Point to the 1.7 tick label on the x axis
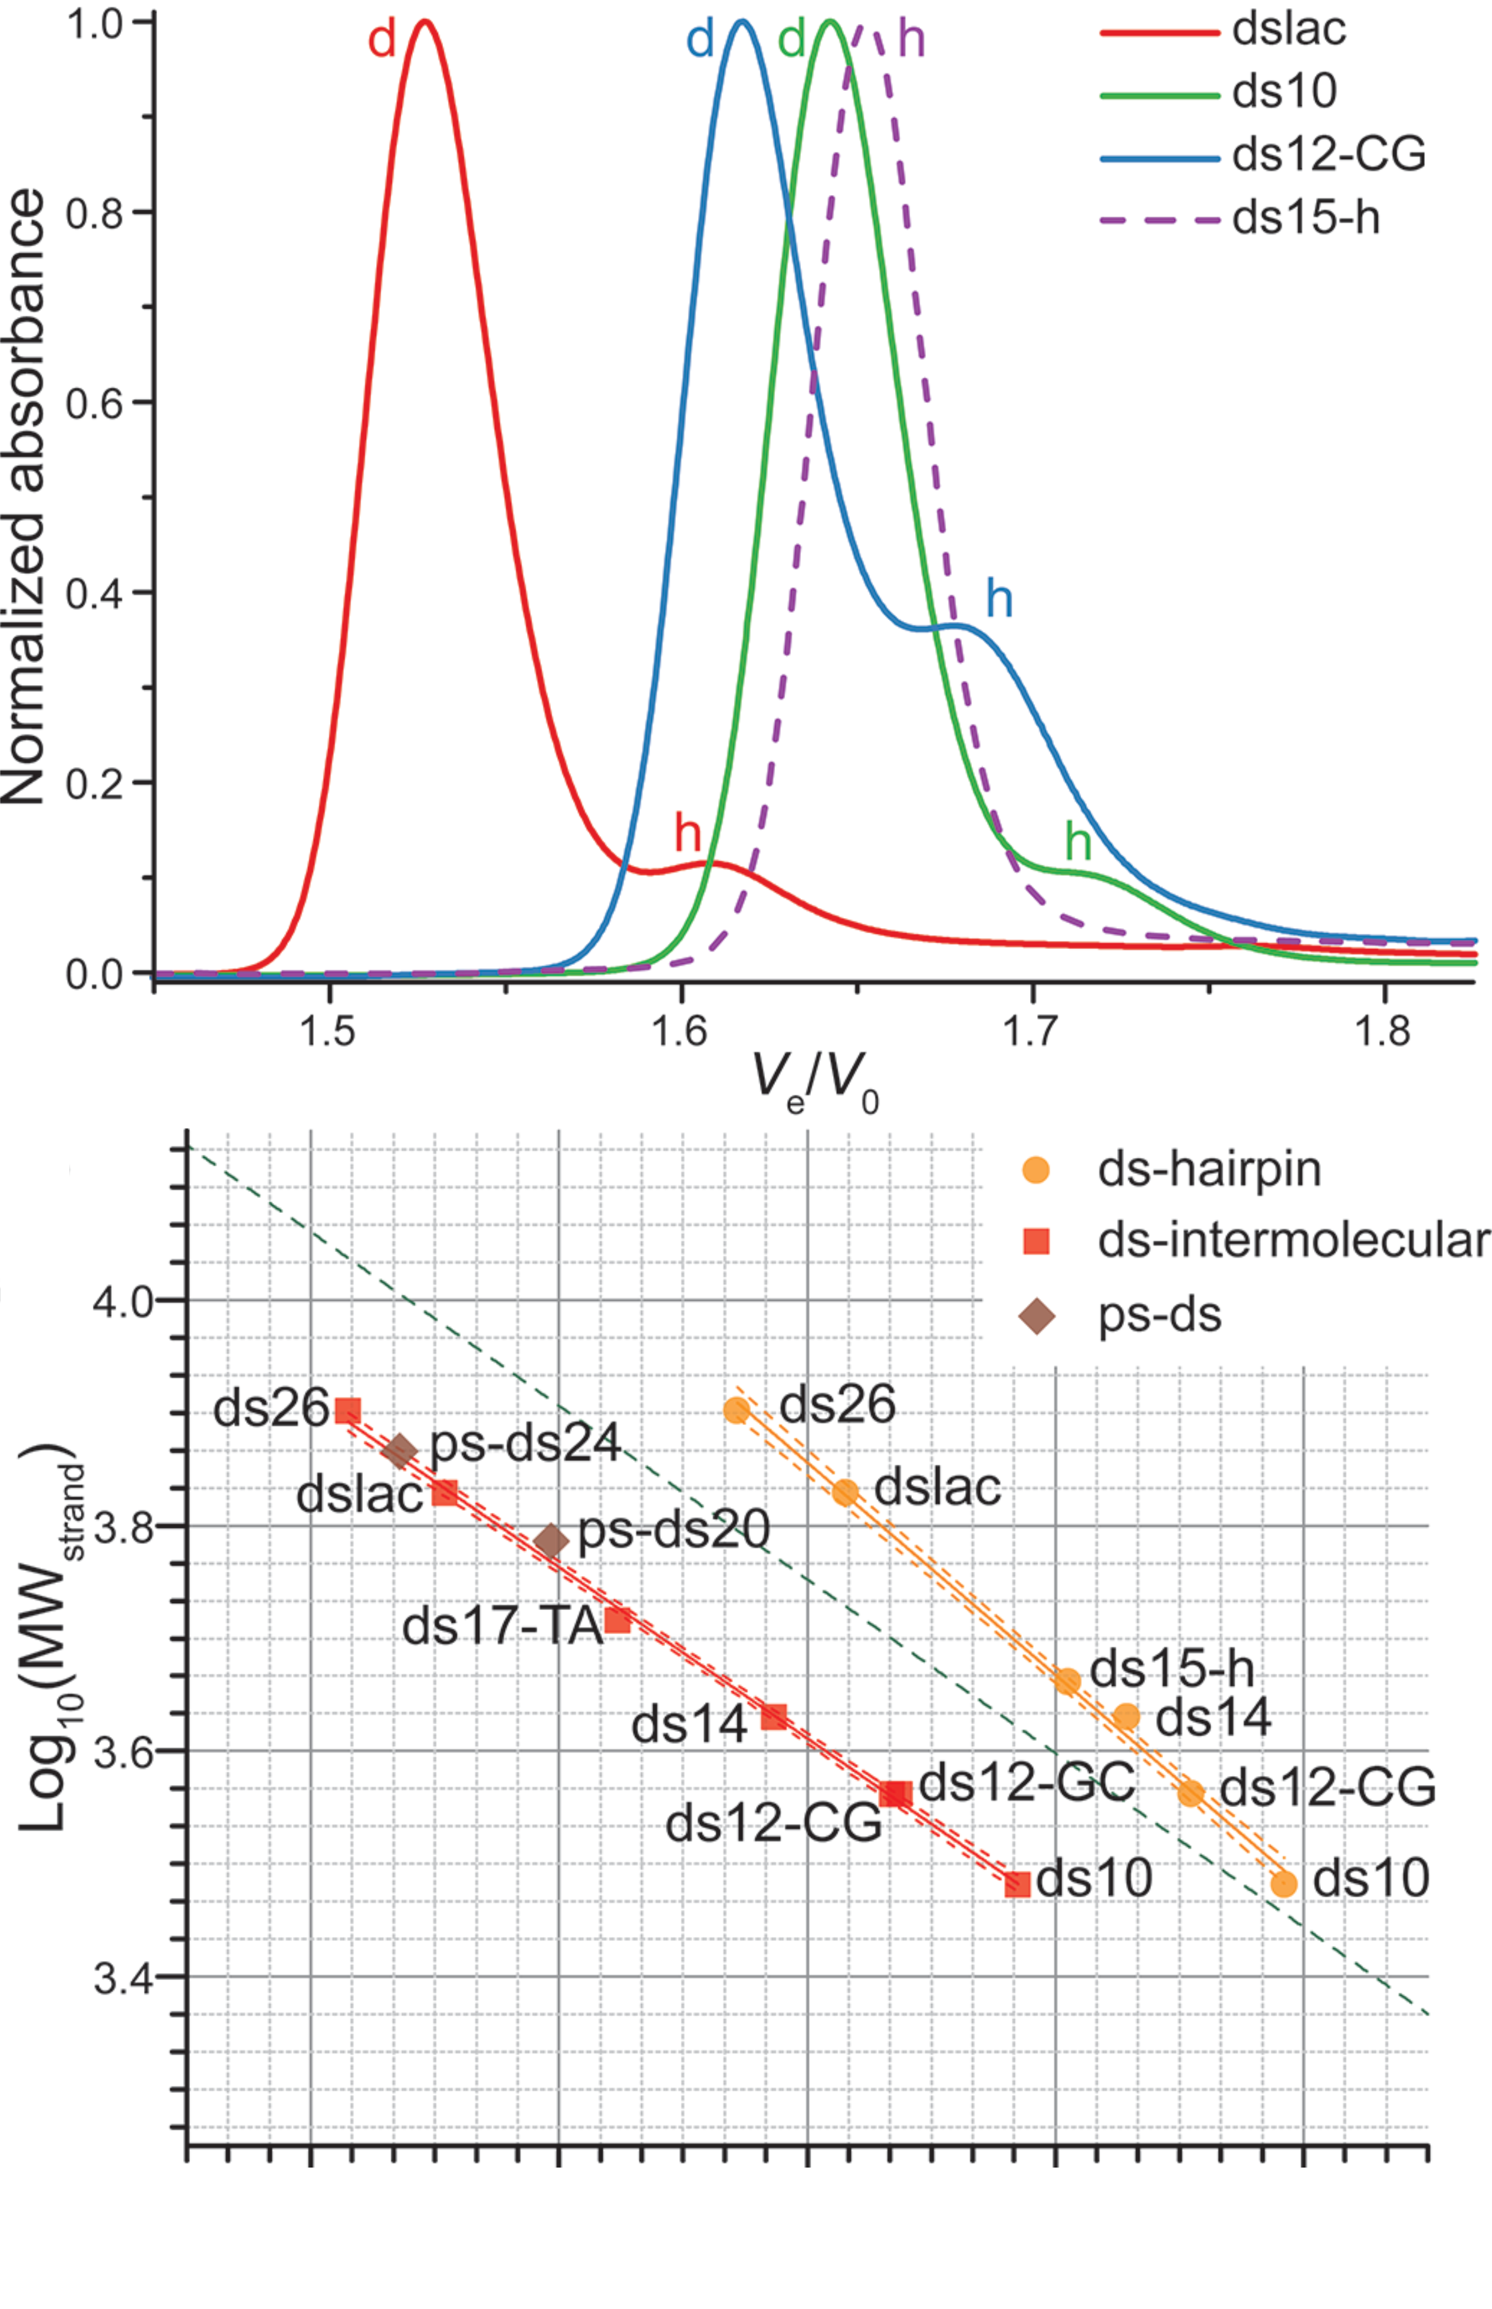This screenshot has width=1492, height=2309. tap(1033, 1032)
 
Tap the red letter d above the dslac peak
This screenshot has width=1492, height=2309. tap(382, 40)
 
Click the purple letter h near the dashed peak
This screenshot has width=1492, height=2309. tap(911, 40)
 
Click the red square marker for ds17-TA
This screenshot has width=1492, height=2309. tap(618, 1619)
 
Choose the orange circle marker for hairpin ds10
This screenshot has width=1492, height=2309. tap(1284, 1883)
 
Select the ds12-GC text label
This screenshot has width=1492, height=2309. tap(1026, 1781)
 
